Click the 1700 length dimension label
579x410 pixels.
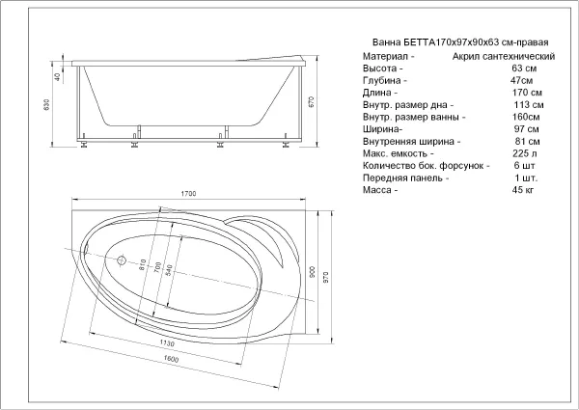coord(188,193)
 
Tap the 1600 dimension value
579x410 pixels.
coord(171,358)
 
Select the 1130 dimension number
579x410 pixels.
coord(167,342)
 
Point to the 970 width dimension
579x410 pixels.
coord(325,278)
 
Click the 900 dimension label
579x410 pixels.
coord(313,272)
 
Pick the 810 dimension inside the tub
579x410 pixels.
coord(143,265)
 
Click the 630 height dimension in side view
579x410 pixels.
coord(46,105)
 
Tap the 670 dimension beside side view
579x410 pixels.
coord(311,101)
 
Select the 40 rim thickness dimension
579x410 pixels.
coord(57,77)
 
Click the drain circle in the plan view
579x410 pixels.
coord(122,260)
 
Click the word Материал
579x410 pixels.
coord(385,57)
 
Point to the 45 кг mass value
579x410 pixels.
coord(523,190)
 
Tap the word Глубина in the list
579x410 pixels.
coord(382,80)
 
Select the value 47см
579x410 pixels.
coord(521,80)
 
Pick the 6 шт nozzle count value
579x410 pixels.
coord(524,165)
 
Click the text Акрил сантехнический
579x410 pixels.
coord(504,57)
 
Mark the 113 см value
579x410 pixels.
coord(529,105)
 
